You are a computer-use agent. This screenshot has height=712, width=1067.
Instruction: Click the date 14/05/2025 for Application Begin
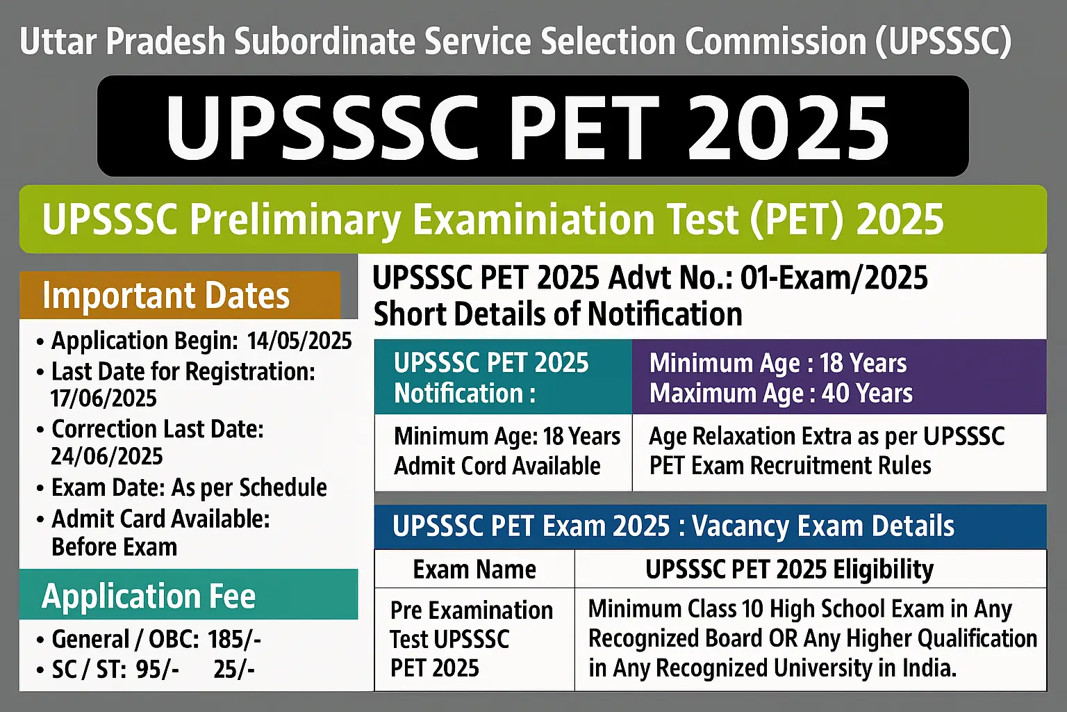click(x=299, y=341)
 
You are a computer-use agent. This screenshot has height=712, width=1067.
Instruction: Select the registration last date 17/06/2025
click(x=104, y=398)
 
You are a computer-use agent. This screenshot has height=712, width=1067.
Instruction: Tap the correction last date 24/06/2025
click(x=107, y=456)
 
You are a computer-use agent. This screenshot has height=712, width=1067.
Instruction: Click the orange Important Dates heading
click(x=166, y=296)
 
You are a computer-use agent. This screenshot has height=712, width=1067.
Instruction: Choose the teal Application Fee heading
click(x=149, y=596)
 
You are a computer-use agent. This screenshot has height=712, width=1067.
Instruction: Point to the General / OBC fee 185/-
click(x=234, y=640)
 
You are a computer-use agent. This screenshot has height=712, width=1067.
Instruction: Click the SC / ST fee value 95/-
click(x=157, y=669)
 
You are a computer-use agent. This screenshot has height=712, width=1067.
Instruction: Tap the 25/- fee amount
click(x=234, y=669)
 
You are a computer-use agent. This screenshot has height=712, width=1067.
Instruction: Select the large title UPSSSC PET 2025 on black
click(x=527, y=127)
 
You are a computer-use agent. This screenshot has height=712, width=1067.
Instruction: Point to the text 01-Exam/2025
click(x=834, y=278)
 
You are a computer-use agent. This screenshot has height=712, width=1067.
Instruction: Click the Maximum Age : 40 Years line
click(x=781, y=394)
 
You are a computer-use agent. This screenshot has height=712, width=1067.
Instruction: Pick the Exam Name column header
click(x=474, y=569)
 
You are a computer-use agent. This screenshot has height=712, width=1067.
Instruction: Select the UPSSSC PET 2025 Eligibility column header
click(x=789, y=569)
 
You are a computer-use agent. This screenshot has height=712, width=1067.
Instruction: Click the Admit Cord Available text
click(x=497, y=466)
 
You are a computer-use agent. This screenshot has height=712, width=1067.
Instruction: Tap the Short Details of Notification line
click(x=558, y=314)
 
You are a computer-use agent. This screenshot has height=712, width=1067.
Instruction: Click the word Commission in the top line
click(x=775, y=41)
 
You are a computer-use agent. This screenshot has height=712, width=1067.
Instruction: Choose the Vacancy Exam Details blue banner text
click(x=823, y=526)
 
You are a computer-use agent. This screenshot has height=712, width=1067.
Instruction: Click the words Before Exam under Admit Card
click(x=115, y=547)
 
